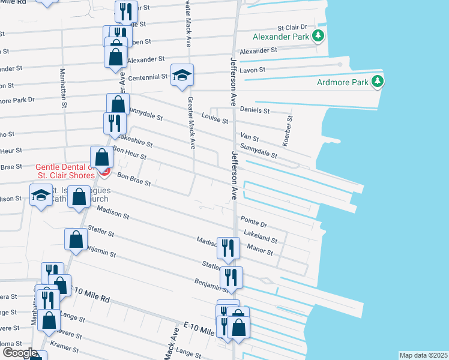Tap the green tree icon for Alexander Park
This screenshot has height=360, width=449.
[x=318, y=37]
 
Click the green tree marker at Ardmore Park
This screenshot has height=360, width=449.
[x=376, y=81]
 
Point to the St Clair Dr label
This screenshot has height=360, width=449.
[x=292, y=28]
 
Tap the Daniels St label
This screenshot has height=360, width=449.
[x=255, y=110]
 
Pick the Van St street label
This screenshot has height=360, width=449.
[x=249, y=137]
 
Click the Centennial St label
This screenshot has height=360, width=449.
[x=147, y=77]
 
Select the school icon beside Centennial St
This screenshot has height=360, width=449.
[x=182, y=74]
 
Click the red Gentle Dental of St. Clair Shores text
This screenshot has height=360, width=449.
[x=65, y=171]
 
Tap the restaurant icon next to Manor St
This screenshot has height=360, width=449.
[x=228, y=247]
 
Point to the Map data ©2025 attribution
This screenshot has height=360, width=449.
[x=423, y=355]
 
